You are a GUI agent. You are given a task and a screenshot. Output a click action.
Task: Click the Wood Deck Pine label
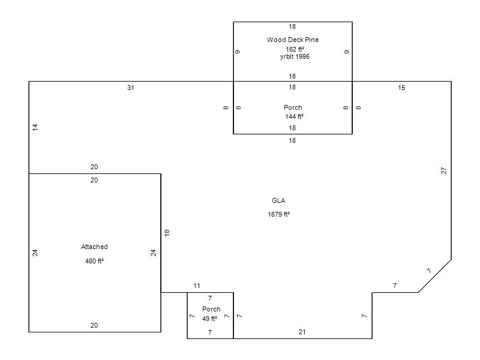tap(293, 40)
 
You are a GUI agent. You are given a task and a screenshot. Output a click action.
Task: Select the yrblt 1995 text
tap(295, 56)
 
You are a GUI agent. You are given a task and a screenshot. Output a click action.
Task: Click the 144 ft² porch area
tap(294, 116)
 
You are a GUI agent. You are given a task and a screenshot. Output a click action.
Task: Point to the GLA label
tap(278, 200)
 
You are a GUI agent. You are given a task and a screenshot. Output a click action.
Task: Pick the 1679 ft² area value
tap(279, 214)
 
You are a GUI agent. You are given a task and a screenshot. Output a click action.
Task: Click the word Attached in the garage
tap(94, 247)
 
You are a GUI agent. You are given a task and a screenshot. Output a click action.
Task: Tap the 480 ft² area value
tap(95, 261)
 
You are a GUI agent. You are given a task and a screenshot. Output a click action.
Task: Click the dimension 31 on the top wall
tap(131, 88)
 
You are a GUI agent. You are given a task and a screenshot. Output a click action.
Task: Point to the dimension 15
tap(401, 88)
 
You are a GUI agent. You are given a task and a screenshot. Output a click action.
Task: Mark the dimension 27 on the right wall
tap(444, 170)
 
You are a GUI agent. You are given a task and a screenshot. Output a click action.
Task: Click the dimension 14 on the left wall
tap(35, 127)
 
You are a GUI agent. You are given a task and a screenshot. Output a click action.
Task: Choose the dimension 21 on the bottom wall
tap(302, 332)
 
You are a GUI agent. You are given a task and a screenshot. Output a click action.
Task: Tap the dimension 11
tap(197, 286)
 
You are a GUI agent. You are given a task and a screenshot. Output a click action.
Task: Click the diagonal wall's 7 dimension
tap(428, 271)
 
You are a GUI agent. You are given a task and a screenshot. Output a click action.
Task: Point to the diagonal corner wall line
tap(435, 276)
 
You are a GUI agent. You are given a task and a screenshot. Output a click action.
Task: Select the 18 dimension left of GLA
tap(167, 232)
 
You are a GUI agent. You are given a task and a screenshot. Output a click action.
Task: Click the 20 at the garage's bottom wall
tap(94, 325)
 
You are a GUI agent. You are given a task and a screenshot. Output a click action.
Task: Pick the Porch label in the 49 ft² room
tap(211, 309)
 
